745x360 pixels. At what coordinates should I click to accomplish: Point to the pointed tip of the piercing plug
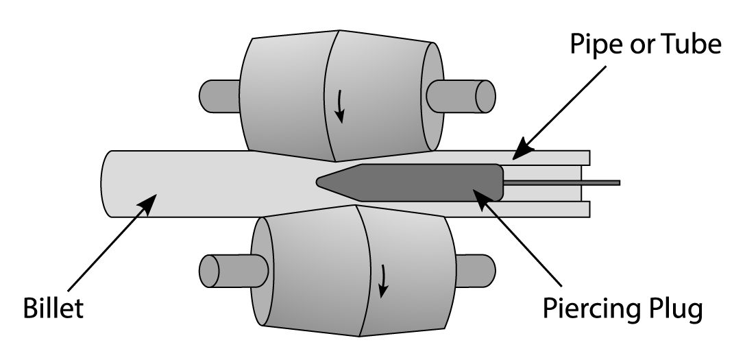[319, 182]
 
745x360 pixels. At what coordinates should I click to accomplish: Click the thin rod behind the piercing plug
[562, 182]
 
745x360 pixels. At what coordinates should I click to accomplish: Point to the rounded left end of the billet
[107, 183]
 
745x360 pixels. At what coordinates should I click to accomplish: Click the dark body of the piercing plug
[425, 182]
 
